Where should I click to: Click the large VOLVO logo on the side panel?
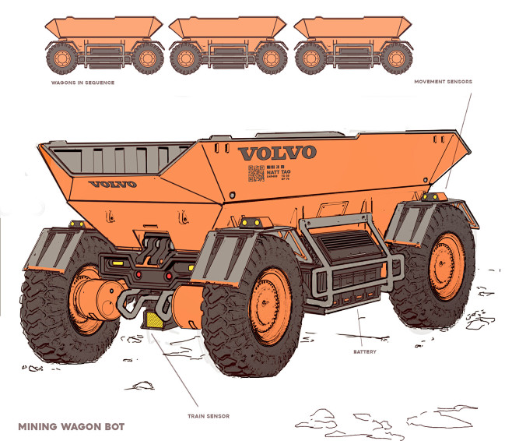pos(277,151)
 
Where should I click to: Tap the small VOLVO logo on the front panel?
pos(112,184)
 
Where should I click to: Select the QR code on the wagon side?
pos(254,174)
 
